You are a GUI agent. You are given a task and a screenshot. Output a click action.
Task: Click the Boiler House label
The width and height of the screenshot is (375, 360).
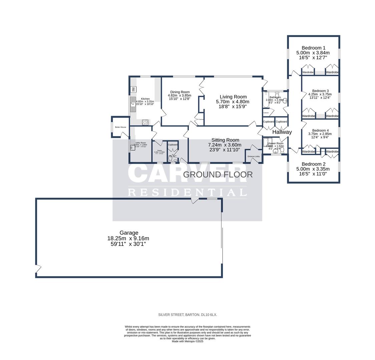click(x=120, y=127)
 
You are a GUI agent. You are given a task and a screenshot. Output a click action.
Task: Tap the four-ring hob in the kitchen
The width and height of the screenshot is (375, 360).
click(x=145, y=122)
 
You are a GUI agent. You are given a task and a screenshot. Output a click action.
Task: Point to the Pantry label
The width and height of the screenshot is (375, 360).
click(x=159, y=150)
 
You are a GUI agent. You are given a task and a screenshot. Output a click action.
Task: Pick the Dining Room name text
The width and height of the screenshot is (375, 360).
click(x=180, y=92)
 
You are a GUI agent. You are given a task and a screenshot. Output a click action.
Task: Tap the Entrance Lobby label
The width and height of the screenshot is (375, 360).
click(x=254, y=156)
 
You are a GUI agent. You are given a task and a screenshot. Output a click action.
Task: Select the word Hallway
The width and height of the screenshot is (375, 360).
click(x=282, y=132)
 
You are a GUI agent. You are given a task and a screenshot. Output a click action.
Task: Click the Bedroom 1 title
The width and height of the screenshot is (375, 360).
click(x=313, y=48)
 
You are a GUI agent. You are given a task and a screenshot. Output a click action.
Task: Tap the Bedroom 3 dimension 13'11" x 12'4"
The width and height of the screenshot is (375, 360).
click(x=320, y=98)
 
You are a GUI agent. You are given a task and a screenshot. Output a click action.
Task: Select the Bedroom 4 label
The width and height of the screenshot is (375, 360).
click(x=320, y=130)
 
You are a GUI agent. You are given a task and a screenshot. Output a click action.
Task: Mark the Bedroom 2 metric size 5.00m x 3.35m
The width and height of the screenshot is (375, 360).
click(x=313, y=169)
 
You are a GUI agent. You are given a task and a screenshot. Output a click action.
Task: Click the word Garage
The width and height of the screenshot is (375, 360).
click(x=129, y=233)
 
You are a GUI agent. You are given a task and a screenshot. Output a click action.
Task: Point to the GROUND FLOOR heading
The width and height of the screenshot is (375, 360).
click(x=218, y=174)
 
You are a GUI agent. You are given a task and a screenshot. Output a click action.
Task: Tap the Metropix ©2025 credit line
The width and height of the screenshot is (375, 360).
click(x=187, y=341)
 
